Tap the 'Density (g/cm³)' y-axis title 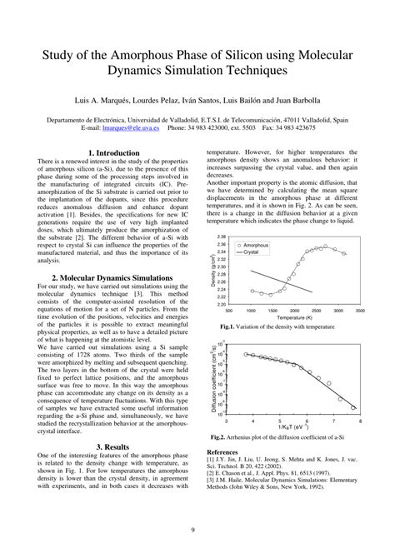coord(213,271)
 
